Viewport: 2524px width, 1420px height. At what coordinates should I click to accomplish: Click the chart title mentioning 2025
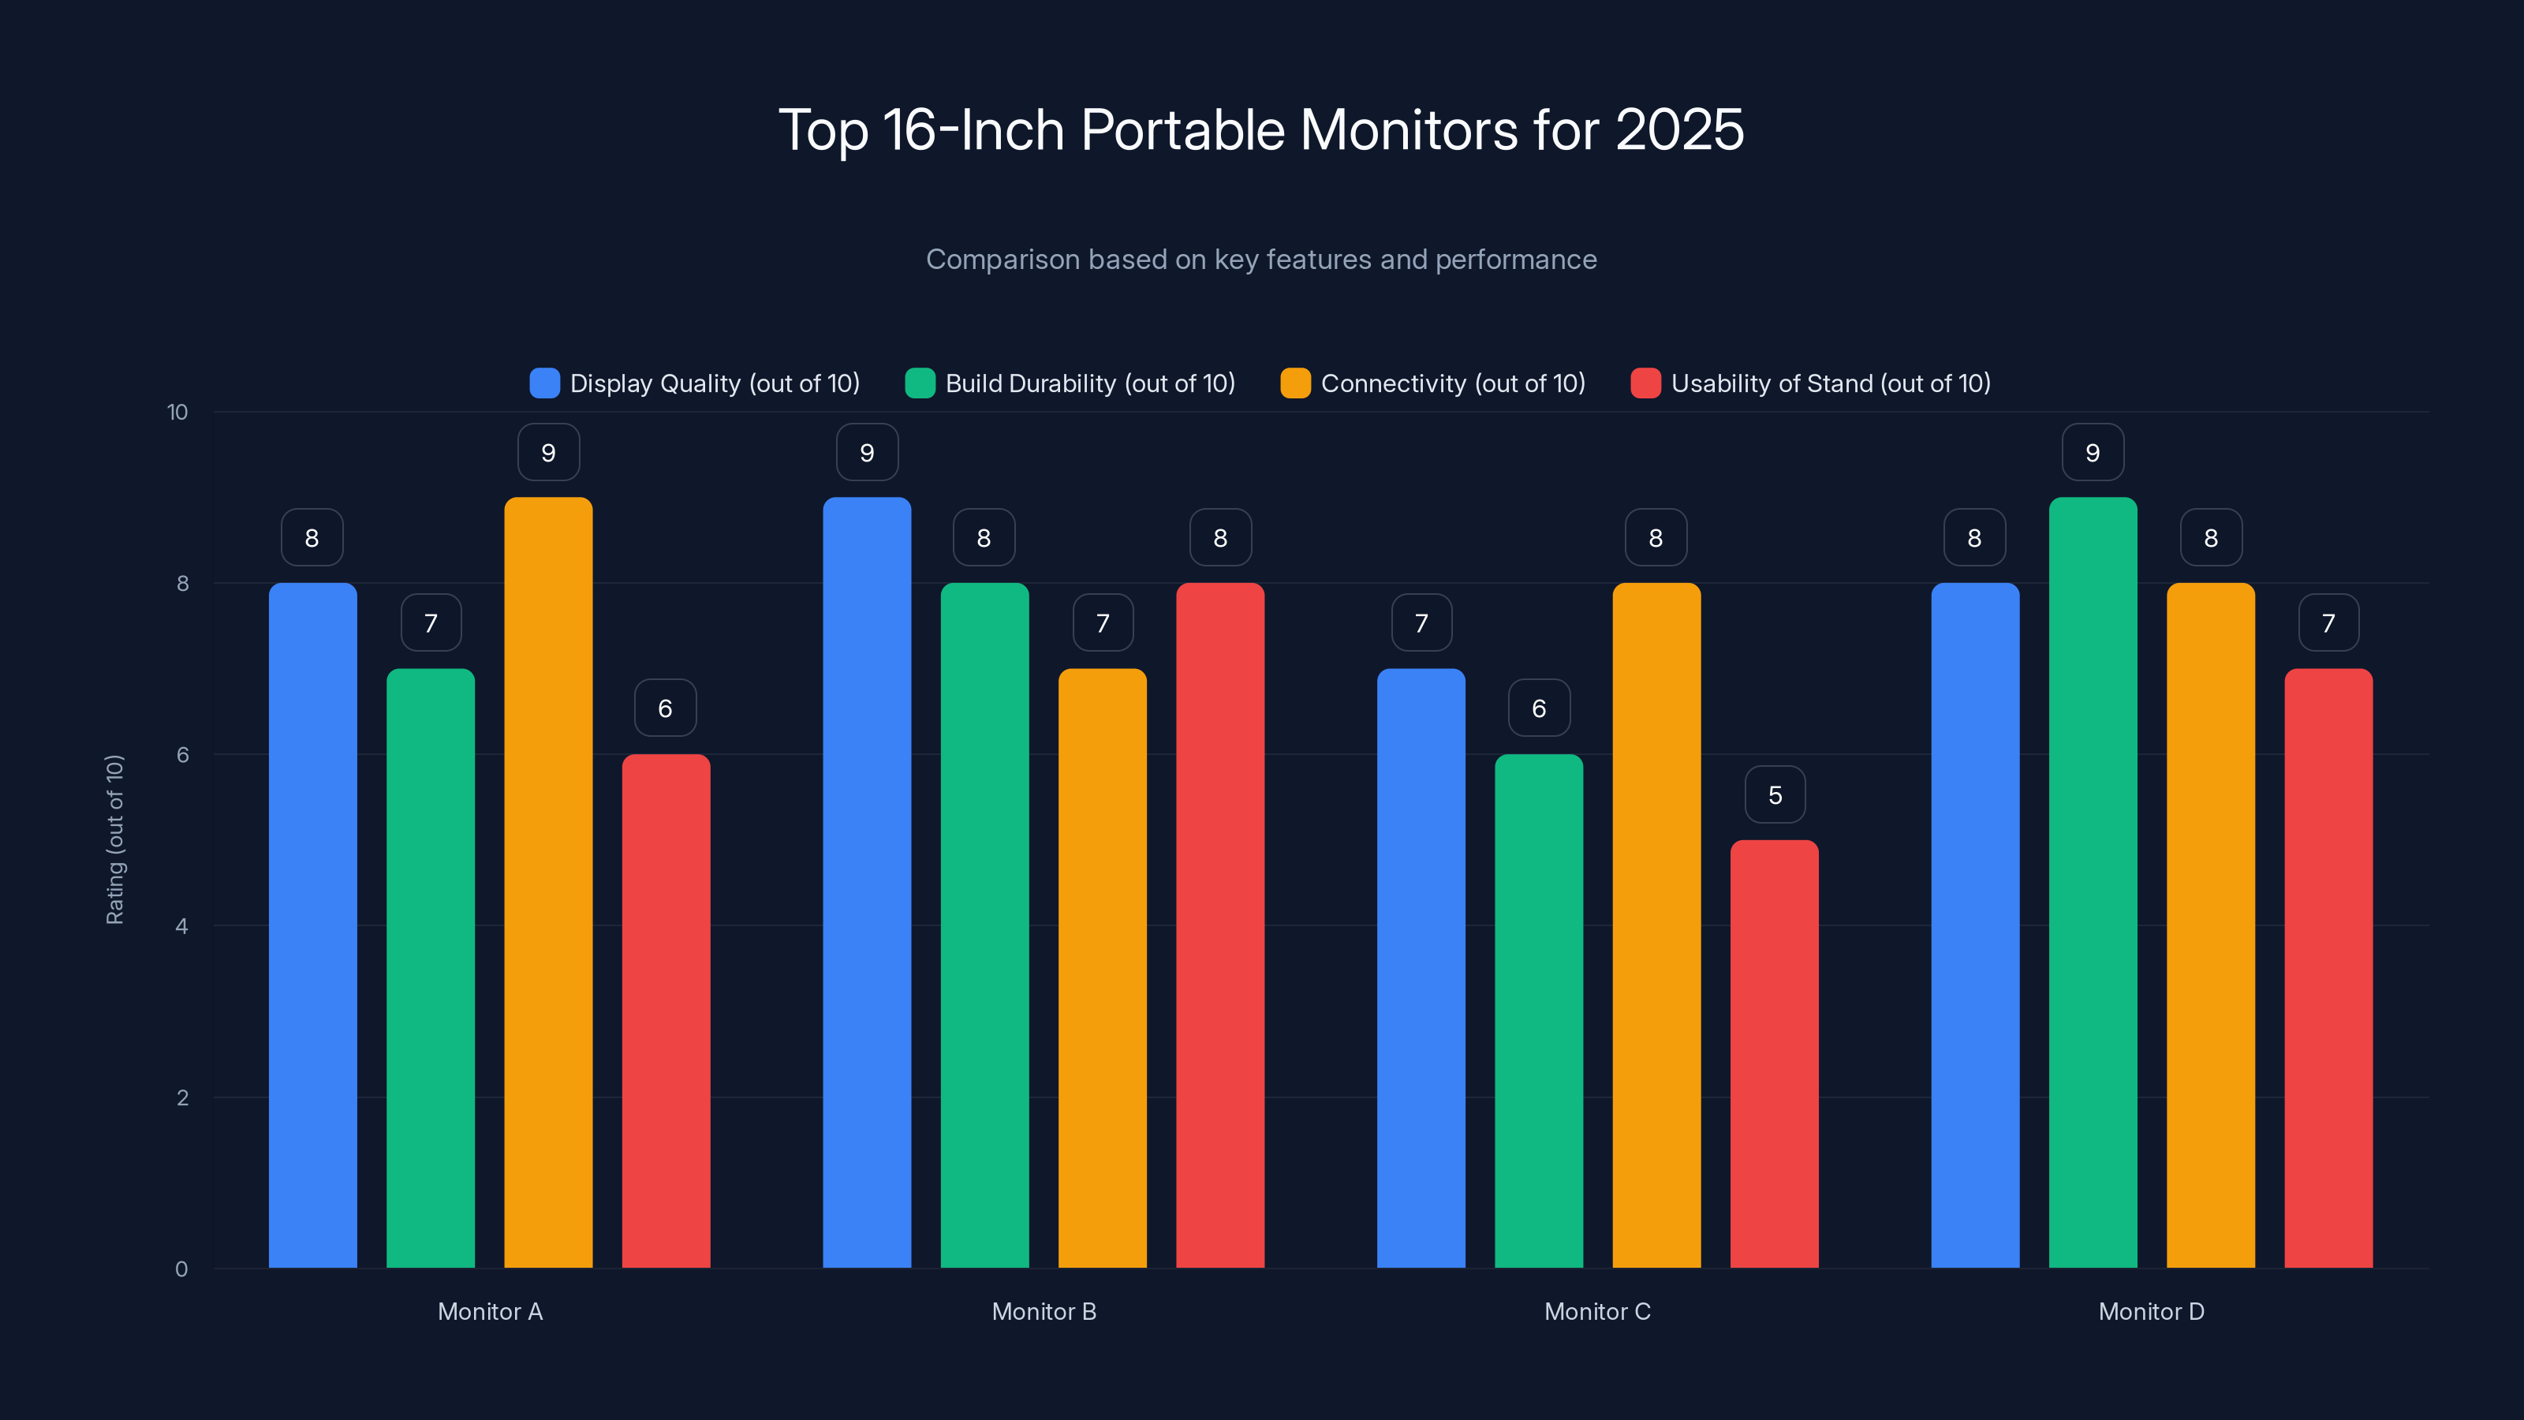tap(1261, 130)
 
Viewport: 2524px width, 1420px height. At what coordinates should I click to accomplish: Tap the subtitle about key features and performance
tap(1261, 260)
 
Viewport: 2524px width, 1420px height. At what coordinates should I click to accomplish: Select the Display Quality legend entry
tap(695, 383)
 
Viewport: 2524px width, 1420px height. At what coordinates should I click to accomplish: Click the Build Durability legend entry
tap(1070, 383)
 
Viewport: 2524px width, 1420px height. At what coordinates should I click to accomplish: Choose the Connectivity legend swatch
tap(1295, 383)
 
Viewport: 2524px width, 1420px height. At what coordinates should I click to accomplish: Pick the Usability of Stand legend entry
tap(1811, 383)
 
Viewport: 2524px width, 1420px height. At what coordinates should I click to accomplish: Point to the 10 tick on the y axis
tap(177, 413)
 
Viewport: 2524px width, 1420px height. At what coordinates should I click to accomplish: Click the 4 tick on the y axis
tap(181, 926)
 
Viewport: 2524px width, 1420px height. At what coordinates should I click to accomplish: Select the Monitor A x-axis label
tap(490, 1311)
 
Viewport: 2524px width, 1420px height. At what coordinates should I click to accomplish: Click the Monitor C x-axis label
tap(1597, 1311)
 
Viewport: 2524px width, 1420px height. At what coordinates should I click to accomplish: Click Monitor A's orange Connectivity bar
tap(547, 882)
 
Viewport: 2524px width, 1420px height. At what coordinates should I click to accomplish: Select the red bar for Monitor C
tap(1773, 1053)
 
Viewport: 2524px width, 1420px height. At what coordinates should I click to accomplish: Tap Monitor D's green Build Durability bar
tap(2092, 882)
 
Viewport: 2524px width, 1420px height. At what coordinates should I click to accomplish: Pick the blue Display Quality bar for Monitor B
tap(866, 882)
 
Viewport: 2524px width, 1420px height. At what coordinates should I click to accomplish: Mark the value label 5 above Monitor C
tap(1775, 794)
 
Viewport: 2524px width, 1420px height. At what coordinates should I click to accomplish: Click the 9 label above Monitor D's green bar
tap(2092, 453)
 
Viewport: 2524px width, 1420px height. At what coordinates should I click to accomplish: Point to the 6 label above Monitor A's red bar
tap(665, 708)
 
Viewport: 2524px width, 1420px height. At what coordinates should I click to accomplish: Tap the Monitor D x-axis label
tap(2151, 1311)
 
